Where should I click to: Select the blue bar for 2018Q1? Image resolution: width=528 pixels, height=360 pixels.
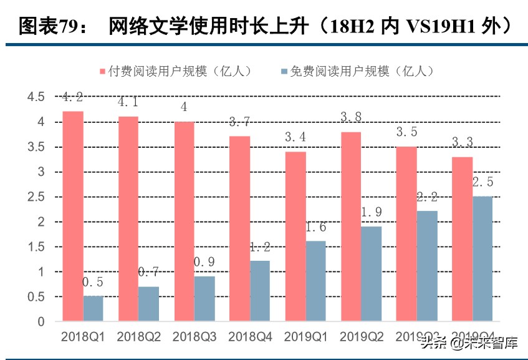(x=93, y=309)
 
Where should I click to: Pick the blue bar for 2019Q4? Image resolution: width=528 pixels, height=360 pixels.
(x=480, y=259)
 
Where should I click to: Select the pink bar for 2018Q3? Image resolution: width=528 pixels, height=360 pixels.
(x=184, y=221)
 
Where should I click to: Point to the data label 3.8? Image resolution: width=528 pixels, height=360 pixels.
(x=351, y=117)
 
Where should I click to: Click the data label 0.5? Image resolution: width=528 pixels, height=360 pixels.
(x=93, y=282)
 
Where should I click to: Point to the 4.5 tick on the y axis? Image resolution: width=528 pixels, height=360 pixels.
(x=36, y=97)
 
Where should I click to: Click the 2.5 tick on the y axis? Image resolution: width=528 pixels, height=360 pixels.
(x=36, y=197)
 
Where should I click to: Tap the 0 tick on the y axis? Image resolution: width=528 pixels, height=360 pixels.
(x=41, y=322)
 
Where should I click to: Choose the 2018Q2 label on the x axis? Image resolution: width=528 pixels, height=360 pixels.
(x=138, y=337)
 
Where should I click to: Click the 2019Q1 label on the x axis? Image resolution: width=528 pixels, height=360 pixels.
(x=306, y=337)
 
